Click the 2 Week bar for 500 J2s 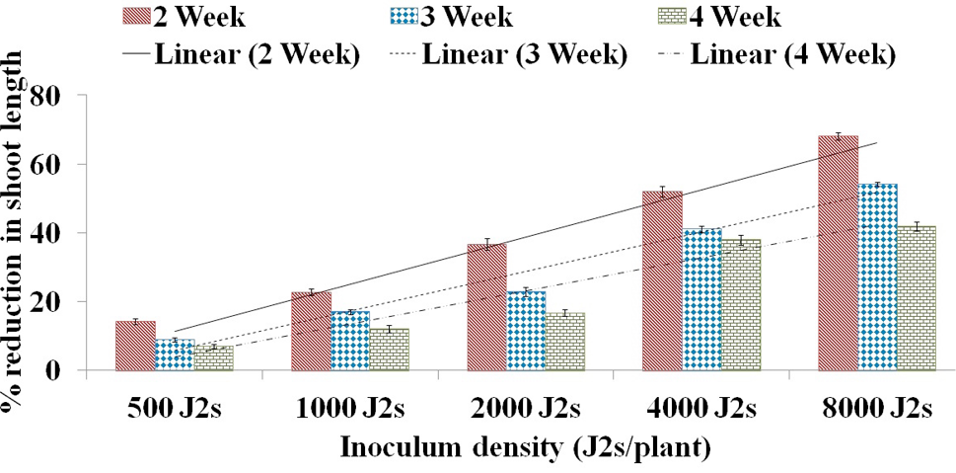(135, 346)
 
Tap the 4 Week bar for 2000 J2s (565, 342)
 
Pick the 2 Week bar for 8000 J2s (839, 253)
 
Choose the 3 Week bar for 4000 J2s (701, 299)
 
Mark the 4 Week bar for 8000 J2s (917, 298)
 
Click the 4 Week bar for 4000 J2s (741, 305)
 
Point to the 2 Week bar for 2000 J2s (486, 308)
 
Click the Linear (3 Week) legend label (524, 55)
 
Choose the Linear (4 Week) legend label (793, 55)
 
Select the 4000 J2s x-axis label (701, 407)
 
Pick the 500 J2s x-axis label (175, 407)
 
